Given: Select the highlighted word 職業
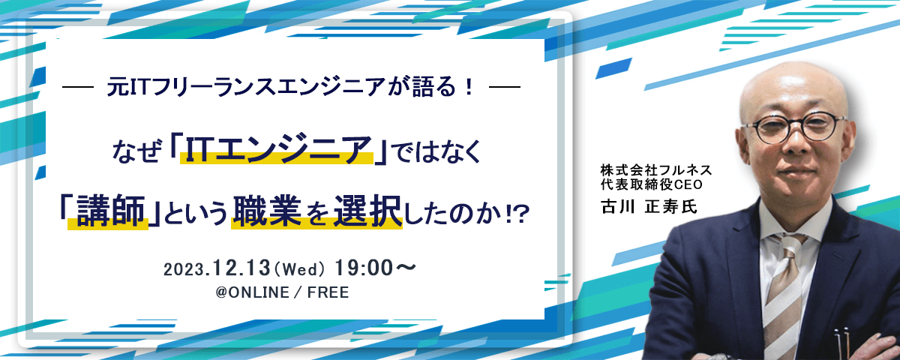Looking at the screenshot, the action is [267, 211].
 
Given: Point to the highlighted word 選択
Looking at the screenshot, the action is [367, 211].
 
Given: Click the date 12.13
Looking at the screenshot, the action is [241, 268].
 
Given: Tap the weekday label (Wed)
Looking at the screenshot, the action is [298, 269].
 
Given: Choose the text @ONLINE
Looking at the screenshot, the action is [252, 292].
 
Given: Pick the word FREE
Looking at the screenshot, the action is [328, 292].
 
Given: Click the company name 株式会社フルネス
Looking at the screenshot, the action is [656, 170].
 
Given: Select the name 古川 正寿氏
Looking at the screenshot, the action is [649, 206].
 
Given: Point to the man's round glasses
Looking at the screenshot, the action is [793, 127].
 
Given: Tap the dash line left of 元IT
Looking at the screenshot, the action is [78, 86].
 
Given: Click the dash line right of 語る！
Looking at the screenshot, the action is [505, 86].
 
